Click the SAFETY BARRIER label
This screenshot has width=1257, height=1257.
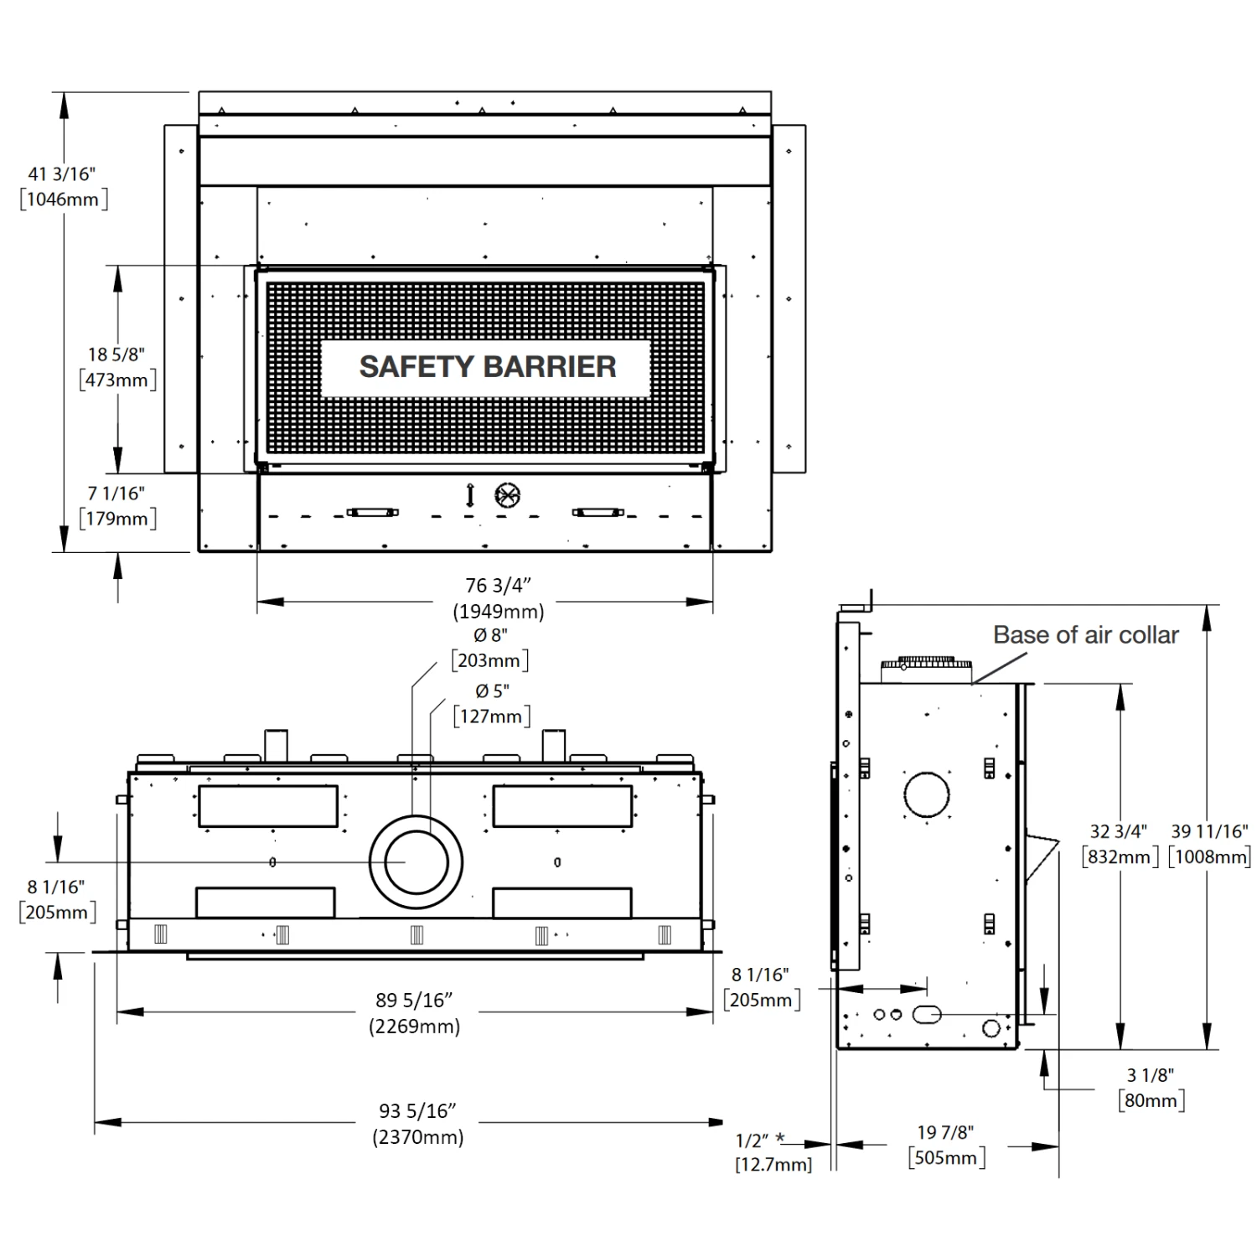click(x=487, y=367)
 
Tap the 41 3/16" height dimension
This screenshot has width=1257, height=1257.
click(x=62, y=174)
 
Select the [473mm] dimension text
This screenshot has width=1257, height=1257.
click(x=118, y=380)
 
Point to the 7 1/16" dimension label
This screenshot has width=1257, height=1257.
click(x=116, y=494)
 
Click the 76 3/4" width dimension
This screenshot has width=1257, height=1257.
click(x=499, y=585)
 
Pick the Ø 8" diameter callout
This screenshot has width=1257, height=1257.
click(x=490, y=635)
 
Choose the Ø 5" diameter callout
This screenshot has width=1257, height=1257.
click(x=492, y=691)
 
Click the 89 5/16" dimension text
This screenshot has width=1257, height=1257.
click(x=415, y=1000)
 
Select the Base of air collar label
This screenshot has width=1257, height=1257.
click(x=1085, y=635)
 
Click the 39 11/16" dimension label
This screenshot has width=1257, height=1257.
click(x=1209, y=831)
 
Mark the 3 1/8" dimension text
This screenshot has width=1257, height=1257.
click(x=1151, y=1075)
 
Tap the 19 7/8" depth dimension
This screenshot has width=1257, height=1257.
click(x=945, y=1133)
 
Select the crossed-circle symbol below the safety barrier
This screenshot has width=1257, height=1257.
click(x=508, y=495)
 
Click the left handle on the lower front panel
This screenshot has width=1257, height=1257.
click(x=372, y=512)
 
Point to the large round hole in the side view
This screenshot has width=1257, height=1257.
click(x=926, y=794)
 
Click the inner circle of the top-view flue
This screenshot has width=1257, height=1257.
click(x=415, y=862)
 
